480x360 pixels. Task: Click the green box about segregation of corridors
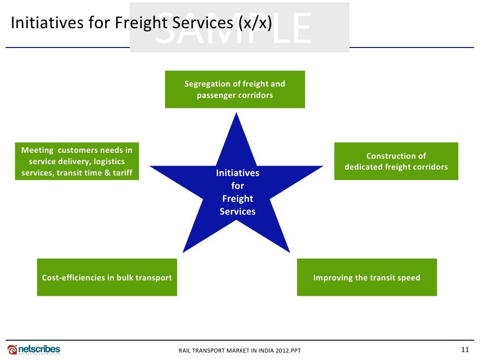pos(235,90)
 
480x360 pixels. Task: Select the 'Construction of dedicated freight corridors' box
pos(396,161)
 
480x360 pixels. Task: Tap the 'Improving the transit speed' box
pos(367,277)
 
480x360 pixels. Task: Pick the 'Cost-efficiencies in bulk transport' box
pos(107,277)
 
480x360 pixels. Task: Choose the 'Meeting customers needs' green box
pos(77,161)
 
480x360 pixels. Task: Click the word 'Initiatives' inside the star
pos(237,173)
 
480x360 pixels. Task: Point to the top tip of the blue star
pos(236,114)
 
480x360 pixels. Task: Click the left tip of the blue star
pos(151,166)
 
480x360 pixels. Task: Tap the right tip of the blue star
pos(322,166)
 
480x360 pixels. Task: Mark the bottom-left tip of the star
pos(184,251)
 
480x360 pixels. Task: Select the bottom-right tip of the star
pos(289,251)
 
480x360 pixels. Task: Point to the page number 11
pos(464,350)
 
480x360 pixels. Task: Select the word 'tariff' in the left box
pos(121,173)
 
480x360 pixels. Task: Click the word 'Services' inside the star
pos(237,211)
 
